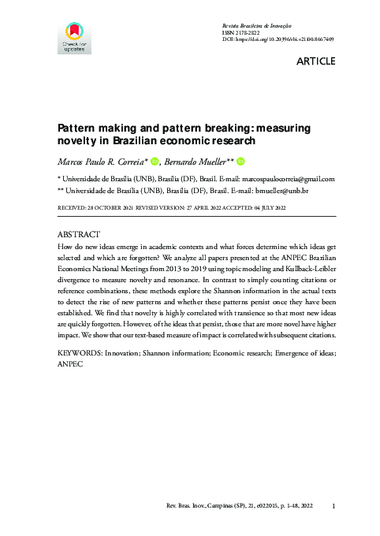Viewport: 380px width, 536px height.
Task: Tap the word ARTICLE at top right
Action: click(x=315, y=61)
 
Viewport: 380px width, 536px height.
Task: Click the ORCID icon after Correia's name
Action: click(x=155, y=161)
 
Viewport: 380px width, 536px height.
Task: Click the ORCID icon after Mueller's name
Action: click(x=240, y=161)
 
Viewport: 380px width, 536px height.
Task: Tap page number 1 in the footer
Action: click(x=335, y=505)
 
